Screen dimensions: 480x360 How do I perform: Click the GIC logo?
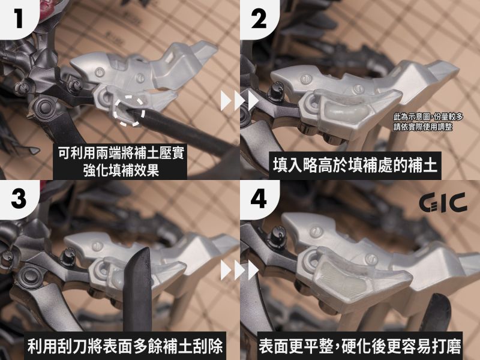443,202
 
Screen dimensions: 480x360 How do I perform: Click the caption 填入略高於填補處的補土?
355,166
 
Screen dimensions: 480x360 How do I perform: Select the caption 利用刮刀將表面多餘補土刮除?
125,346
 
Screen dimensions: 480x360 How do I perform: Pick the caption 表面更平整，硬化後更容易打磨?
359,346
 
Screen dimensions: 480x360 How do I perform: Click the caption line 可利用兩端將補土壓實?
121,153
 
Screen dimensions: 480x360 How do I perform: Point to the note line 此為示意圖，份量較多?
428,116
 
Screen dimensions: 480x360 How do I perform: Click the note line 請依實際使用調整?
423,127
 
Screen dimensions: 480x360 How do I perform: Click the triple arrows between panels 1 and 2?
239,101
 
